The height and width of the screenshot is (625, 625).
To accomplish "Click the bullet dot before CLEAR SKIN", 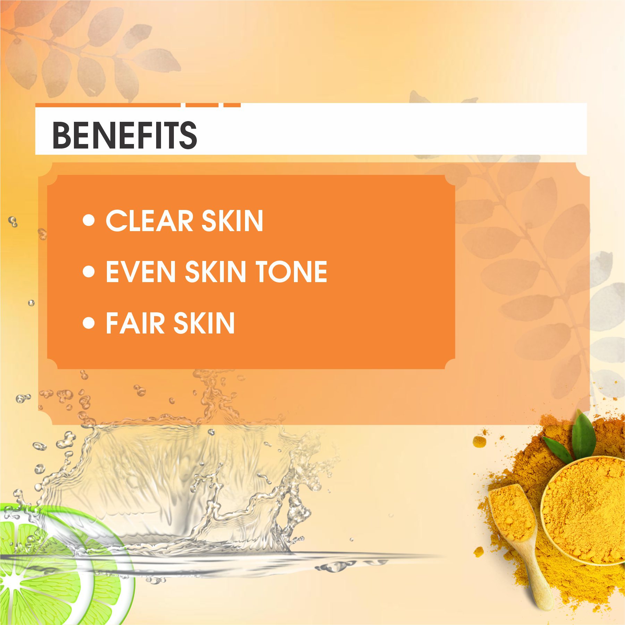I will [89, 220].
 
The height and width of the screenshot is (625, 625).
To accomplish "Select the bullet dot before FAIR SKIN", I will [89, 323].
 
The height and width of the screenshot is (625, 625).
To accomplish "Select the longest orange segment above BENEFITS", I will [108, 105].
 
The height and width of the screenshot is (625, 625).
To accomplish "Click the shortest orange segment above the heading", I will [232, 105].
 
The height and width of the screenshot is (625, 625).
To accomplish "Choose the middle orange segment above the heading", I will [202, 105].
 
